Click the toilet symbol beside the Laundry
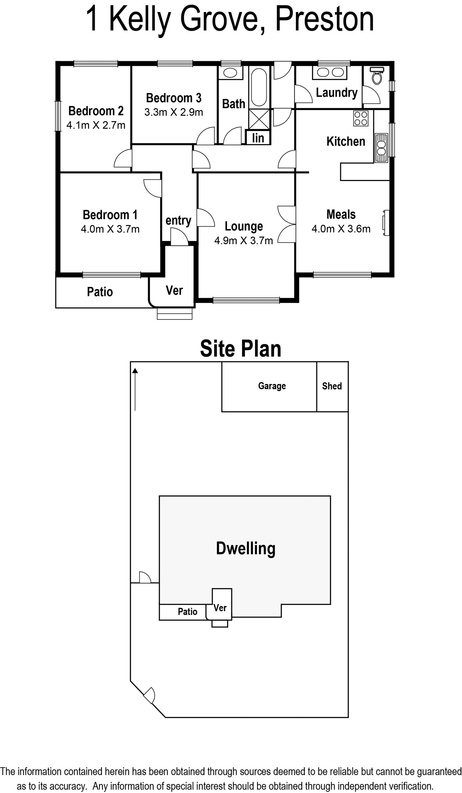point(377,76)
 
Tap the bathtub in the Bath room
point(259,87)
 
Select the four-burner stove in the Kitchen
point(361,118)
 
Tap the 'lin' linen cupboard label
point(258,138)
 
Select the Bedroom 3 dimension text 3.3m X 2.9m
point(174,112)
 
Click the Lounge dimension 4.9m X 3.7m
point(244,241)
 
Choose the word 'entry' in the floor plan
point(179,221)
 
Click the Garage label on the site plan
point(272,386)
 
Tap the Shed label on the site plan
point(332,386)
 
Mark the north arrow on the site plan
point(135,389)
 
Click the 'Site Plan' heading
point(240,349)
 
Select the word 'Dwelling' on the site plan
point(245,549)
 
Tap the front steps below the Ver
point(175,314)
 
